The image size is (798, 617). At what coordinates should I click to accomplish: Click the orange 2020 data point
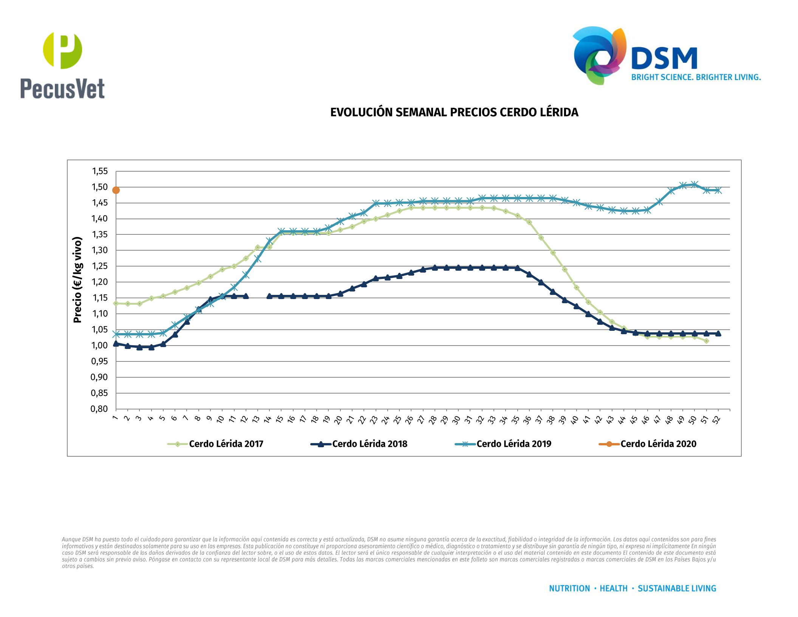(x=116, y=190)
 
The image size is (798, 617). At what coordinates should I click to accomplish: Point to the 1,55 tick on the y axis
(x=100, y=171)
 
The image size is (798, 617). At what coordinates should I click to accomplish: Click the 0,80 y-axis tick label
(x=99, y=409)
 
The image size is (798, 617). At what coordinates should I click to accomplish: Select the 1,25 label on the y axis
(x=100, y=266)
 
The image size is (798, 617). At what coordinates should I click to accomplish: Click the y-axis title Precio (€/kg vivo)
(x=77, y=280)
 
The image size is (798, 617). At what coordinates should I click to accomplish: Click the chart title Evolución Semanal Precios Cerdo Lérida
(x=454, y=112)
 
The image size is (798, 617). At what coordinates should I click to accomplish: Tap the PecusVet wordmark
(x=62, y=89)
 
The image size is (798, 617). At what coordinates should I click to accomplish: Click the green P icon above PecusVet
(x=62, y=50)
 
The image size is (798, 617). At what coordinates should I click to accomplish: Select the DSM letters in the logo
(x=664, y=59)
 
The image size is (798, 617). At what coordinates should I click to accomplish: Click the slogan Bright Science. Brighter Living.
(x=696, y=78)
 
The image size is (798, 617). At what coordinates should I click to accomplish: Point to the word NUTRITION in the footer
(x=569, y=589)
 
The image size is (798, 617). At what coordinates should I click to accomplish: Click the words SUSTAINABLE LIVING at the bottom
(x=677, y=589)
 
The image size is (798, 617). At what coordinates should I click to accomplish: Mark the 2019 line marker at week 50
(x=694, y=184)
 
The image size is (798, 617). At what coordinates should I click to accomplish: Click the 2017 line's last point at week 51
(x=706, y=341)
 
